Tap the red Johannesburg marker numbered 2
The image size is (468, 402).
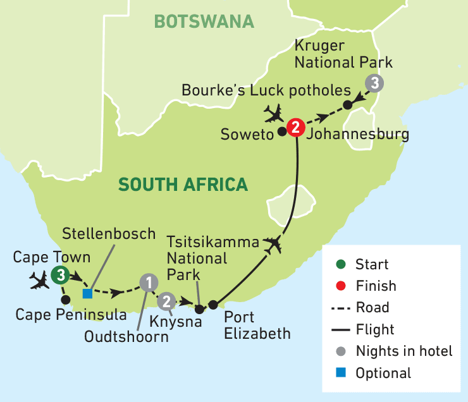tap(295, 128)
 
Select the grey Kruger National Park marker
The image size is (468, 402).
tap(374, 83)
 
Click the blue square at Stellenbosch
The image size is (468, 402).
tap(88, 293)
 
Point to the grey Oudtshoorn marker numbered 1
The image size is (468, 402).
tap(147, 283)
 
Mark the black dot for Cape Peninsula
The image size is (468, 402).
tap(65, 298)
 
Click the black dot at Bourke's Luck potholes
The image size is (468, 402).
tap(347, 104)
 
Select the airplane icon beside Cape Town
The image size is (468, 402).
tap(39, 280)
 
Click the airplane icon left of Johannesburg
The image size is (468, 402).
tap(274, 113)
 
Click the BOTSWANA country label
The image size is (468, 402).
tap(204, 22)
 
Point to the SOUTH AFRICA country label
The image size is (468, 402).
tap(183, 185)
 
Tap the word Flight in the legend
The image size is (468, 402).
tap(374, 329)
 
